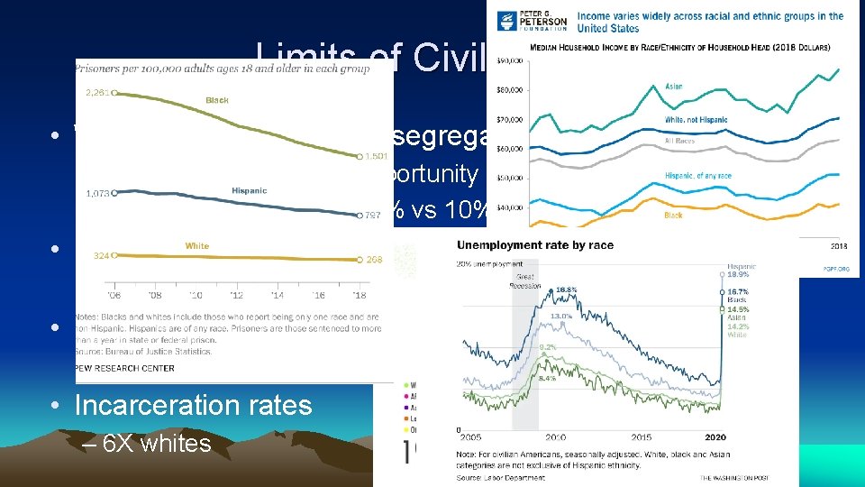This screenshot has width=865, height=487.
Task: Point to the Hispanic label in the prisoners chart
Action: tap(249, 191)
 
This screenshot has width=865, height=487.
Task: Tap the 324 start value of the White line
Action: tap(103, 256)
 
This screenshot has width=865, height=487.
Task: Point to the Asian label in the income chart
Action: tap(674, 87)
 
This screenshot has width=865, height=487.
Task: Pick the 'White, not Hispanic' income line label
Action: tap(695, 120)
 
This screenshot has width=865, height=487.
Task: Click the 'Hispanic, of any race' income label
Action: tap(697, 177)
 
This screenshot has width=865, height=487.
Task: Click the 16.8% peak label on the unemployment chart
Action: tap(565, 289)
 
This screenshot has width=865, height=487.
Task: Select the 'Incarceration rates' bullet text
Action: tap(193, 406)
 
